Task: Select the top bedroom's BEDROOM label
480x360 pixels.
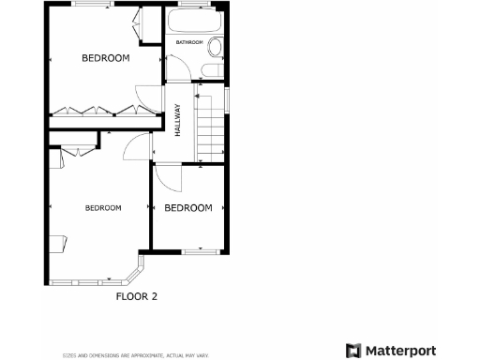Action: click(x=105, y=58)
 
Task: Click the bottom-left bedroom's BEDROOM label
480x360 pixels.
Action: click(x=103, y=207)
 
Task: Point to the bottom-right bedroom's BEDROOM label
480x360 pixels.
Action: click(x=188, y=208)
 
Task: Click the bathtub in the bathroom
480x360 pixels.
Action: click(x=195, y=22)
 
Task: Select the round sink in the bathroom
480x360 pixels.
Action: click(x=215, y=49)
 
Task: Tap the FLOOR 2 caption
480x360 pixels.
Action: click(x=137, y=296)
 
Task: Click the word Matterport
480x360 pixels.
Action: click(x=399, y=351)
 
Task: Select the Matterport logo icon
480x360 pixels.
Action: click(x=353, y=351)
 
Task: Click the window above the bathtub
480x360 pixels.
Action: click(x=195, y=6)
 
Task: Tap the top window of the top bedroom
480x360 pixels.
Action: click(x=95, y=6)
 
